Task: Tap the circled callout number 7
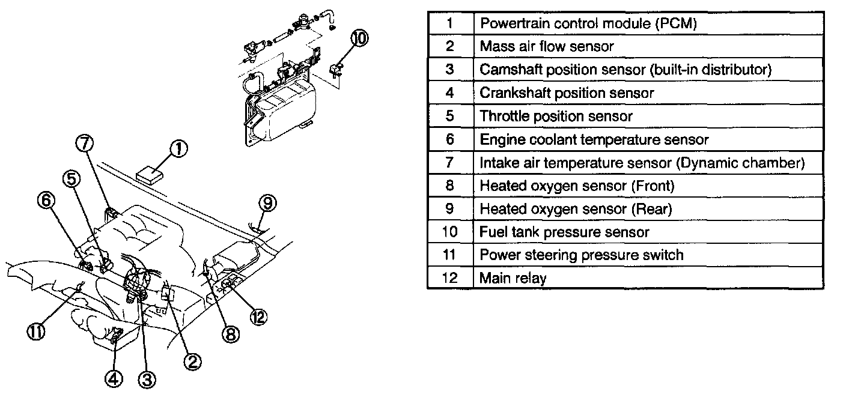pyautogui.click(x=85, y=144)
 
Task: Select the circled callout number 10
pyautogui.click(x=359, y=39)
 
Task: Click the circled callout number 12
pyautogui.click(x=258, y=317)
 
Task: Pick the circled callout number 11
pyautogui.click(x=35, y=332)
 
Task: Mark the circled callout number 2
pyautogui.click(x=192, y=360)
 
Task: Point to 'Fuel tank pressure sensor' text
pyautogui.click(x=564, y=232)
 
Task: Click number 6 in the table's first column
pyautogui.click(x=450, y=139)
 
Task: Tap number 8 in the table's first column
pyautogui.click(x=450, y=186)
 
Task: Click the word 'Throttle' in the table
pyautogui.click(x=503, y=116)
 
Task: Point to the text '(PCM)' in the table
pyautogui.click(x=675, y=23)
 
